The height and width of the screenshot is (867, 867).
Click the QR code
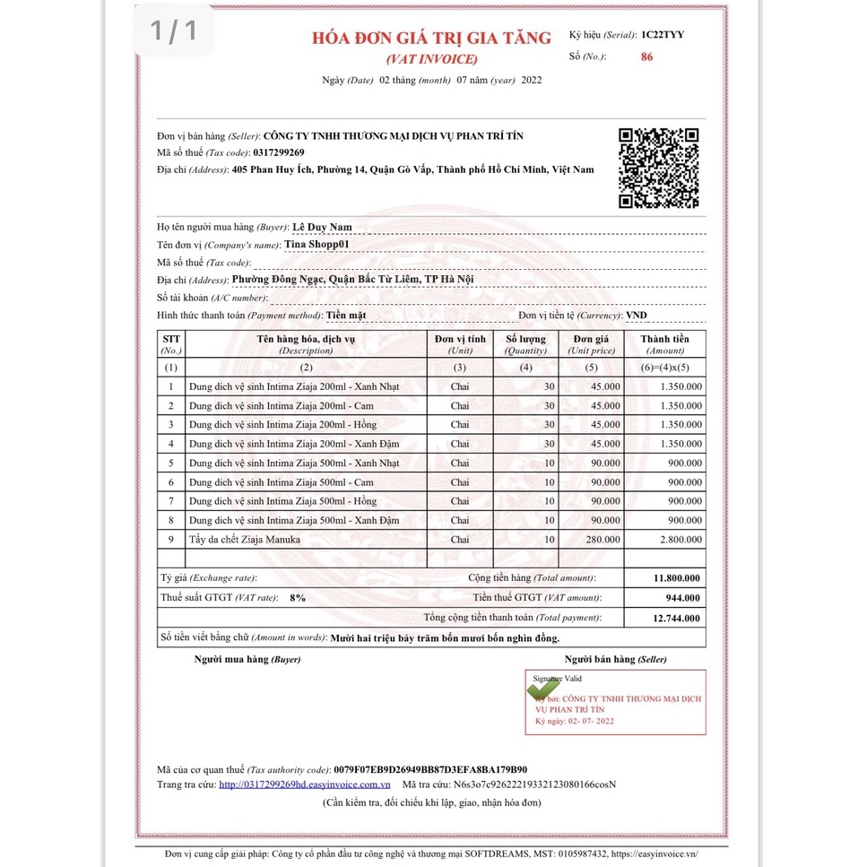pyautogui.click(x=659, y=168)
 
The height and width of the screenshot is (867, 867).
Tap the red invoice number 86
pyautogui.click(x=647, y=56)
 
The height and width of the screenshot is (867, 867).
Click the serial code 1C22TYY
pyautogui.click(x=663, y=35)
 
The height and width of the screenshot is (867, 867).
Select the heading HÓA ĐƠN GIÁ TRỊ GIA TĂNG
pyautogui.click(x=431, y=39)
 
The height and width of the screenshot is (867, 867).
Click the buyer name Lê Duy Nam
pyautogui.click(x=322, y=228)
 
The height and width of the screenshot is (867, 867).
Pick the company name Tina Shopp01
pyautogui.click(x=316, y=244)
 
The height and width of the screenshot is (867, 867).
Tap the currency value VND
pyautogui.click(x=636, y=316)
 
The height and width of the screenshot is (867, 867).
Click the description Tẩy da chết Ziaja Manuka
pyautogui.click(x=244, y=540)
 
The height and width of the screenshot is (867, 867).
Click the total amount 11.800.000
pyautogui.click(x=677, y=578)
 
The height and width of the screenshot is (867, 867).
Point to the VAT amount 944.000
pyautogui.click(x=683, y=598)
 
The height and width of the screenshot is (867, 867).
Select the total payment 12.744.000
pyautogui.click(x=677, y=618)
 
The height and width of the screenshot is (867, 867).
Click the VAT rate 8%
pyautogui.click(x=298, y=598)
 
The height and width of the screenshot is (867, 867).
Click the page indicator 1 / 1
pyautogui.click(x=173, y=31)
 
